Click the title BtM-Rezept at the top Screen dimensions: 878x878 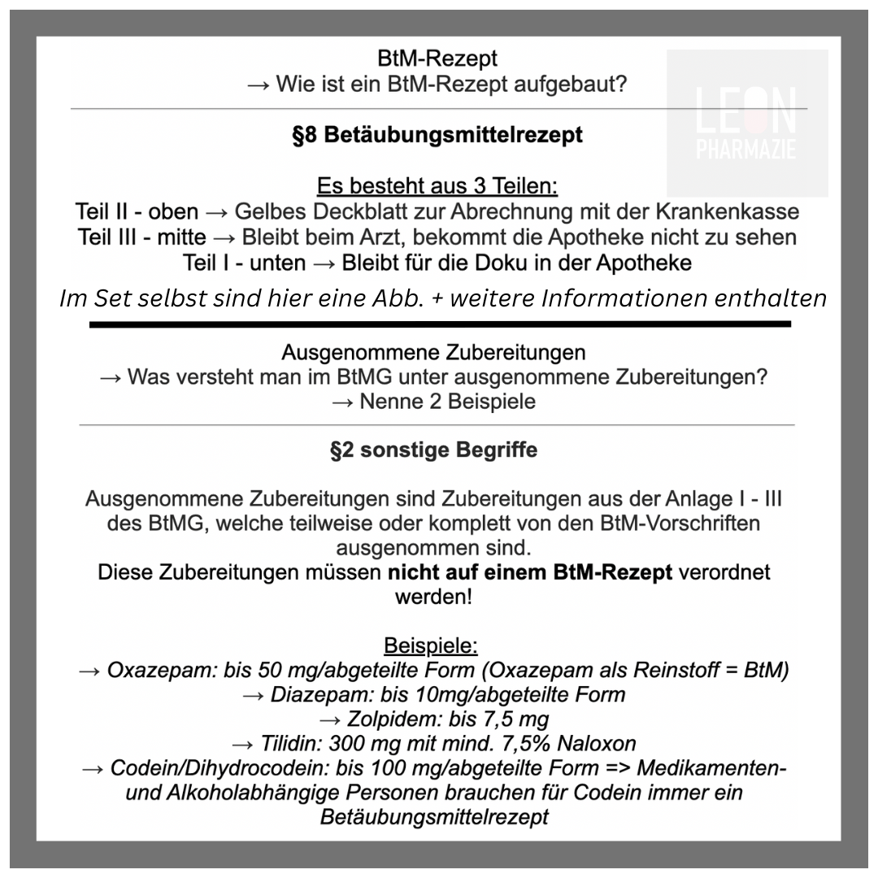(x=437, y=59)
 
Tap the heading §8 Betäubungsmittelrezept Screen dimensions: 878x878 (x=437, y=135)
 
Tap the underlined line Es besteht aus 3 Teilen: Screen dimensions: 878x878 (x=437, y=186)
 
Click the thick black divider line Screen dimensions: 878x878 (x=439, y=324)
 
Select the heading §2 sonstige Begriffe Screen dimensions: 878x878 (x=433, y=450)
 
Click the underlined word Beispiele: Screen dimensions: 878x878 (x=431, y=646)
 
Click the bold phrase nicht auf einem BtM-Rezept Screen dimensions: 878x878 (x=530, y=572)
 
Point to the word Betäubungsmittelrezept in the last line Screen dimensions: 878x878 (x=434, y=817)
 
